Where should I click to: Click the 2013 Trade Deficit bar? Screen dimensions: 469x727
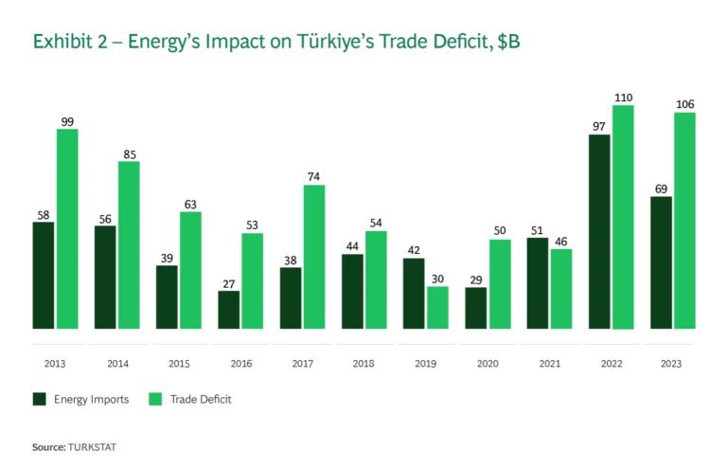67,229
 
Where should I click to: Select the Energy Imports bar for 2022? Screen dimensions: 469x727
598,232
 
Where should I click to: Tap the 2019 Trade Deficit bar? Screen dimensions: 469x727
437,308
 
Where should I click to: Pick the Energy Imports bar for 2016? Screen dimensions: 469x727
228,310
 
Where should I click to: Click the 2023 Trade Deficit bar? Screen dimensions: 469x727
684,221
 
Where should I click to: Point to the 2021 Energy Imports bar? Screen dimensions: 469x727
537,283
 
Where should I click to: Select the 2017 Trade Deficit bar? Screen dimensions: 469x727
314,257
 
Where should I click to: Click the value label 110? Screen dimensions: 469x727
623,98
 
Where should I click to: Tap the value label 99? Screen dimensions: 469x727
67,121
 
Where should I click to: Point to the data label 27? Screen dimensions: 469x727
228,283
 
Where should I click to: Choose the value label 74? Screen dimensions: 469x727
314,177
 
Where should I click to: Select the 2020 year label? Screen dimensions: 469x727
487,363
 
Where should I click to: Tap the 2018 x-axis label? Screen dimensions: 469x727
363,363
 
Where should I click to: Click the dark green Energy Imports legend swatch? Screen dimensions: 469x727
40,399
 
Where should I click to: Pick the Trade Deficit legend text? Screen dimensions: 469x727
201,400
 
